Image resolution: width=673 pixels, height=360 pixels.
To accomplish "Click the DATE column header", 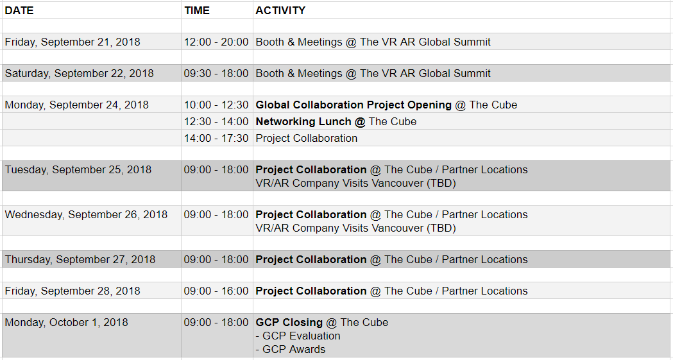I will (19, 10).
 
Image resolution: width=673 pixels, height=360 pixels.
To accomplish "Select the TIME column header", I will (197, 10).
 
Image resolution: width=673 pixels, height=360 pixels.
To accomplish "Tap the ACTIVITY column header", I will (280, 10).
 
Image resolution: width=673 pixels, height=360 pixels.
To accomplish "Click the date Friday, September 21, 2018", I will (72, 42).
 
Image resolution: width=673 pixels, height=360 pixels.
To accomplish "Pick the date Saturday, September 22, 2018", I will (79, 73).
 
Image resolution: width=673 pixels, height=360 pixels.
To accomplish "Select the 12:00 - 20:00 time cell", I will (216, 42).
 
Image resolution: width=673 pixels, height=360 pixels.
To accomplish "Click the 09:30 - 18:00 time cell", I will (216, 73).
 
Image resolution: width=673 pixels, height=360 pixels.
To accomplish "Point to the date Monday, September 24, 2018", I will (77, 105).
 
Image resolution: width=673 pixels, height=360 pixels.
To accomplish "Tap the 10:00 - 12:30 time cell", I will (216, 105).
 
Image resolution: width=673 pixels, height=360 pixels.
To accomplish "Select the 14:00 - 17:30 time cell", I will (216, 138).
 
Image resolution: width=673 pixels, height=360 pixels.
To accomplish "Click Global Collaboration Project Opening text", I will (354, 105).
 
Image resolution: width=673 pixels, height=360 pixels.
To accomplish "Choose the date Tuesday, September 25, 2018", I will (78, 169).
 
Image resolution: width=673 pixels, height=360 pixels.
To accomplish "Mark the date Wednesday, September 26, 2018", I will (86, 214).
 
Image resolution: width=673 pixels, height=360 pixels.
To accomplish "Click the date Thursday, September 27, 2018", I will (80, 259).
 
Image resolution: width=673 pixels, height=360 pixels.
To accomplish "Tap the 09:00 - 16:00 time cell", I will (216, 291).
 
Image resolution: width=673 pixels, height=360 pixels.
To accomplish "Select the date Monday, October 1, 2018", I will (67, 322).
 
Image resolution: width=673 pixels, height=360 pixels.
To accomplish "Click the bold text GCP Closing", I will (289, 322).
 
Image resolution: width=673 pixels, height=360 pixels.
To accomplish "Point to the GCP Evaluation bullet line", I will (298, 336).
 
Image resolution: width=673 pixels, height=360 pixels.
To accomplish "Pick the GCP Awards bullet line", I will (291, 349).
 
